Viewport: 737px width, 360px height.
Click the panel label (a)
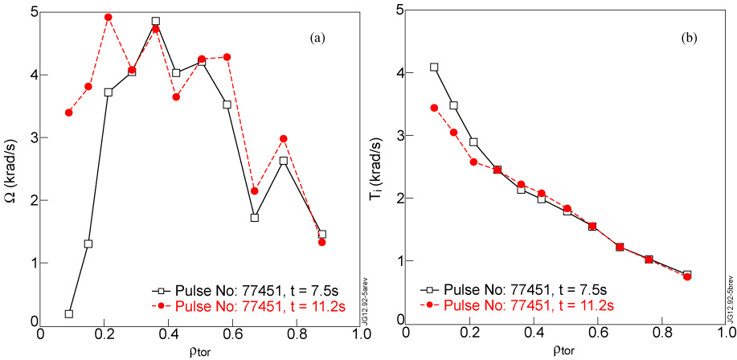tap(317, 37)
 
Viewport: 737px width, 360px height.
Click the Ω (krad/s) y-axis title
tap(10, 169)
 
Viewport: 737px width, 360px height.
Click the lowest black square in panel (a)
tap(69, 313)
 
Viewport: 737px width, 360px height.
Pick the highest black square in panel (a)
tap(155, 22)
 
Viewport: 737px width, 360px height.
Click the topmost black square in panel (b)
tap(435, 67)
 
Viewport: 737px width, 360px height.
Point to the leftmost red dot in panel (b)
tap(435, 108)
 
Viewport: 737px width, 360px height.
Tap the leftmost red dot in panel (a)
tap(69, 112)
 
